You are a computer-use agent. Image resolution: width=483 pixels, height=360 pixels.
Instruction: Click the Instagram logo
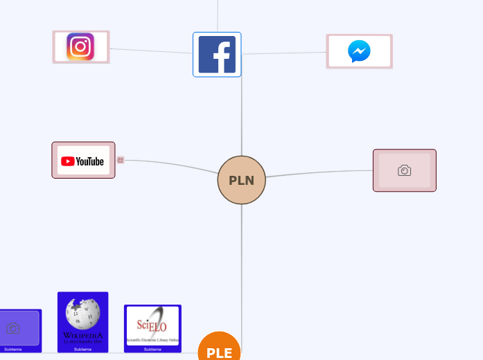click(x=80, y=47)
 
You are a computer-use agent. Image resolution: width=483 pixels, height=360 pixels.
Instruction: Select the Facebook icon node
click(x=217, y=55)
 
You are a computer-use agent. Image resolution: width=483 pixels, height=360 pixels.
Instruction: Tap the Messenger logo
click(x=359, y=51)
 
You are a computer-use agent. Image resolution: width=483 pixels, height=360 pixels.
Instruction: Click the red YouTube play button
click(x=68, y=161)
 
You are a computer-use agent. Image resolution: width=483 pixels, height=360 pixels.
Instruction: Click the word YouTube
click(x=90, y=161)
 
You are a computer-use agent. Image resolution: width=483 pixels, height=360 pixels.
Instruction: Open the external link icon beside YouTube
click(x=121, y=160)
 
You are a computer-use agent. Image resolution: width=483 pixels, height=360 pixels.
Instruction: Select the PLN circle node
click(x=241, y=180)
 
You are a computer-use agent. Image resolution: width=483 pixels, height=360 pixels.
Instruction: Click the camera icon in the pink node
click(x=404, y=170)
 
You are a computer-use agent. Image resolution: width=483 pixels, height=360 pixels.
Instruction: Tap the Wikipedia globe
click(x=82, y=314)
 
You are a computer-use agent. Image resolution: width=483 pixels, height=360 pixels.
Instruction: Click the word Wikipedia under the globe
click(x=82, y=336)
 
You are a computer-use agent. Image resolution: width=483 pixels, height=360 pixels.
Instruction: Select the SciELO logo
click(x=152, y=325)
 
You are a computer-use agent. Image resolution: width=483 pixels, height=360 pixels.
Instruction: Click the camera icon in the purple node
click(x=12, y=327)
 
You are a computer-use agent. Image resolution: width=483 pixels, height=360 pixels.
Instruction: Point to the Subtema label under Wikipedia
click(x=82, y=349)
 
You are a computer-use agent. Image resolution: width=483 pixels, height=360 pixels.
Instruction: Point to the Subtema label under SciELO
click(x=152, y=349)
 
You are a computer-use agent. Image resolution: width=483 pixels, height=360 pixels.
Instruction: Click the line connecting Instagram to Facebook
click(x=151, y=51)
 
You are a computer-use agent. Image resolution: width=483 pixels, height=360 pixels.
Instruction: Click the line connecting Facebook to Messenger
click(x=284, y=53)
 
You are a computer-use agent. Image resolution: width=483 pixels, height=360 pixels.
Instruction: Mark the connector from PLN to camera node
click(x=319, y=172)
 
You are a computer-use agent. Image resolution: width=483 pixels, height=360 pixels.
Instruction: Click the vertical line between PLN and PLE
click(x=242, y=270)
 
